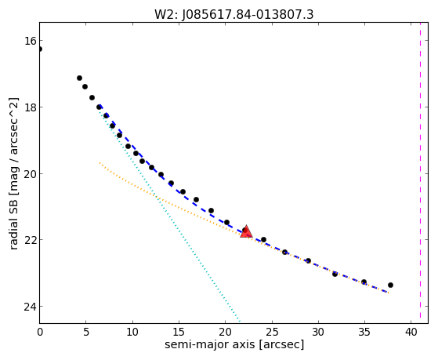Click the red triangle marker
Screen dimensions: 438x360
pos(246,231)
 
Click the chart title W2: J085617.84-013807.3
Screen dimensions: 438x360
pos(233,14)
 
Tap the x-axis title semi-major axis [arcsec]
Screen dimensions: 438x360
pos(234,344)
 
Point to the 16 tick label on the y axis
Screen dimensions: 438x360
pos(30,41)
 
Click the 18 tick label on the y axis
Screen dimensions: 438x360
pos(30,107)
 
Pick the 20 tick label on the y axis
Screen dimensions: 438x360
pos(30,174)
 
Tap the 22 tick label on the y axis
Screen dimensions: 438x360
pos(30,240)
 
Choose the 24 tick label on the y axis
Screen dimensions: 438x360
pos(30,307)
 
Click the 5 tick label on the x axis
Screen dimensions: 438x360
pos(86,332)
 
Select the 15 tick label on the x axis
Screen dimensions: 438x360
pos(179,332)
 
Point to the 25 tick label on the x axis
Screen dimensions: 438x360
pos(272,332)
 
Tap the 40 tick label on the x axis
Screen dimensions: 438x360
pos(411,332)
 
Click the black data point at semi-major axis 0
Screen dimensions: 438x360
pos(40,49)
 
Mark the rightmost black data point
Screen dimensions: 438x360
pos(390,285)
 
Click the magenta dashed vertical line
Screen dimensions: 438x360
pos(420,173)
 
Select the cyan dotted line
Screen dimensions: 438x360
pos(169,215)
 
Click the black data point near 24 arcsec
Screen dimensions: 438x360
pos(263,239)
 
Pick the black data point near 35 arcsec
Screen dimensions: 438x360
pos(364,282)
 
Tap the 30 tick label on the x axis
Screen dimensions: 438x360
pos(318,332)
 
